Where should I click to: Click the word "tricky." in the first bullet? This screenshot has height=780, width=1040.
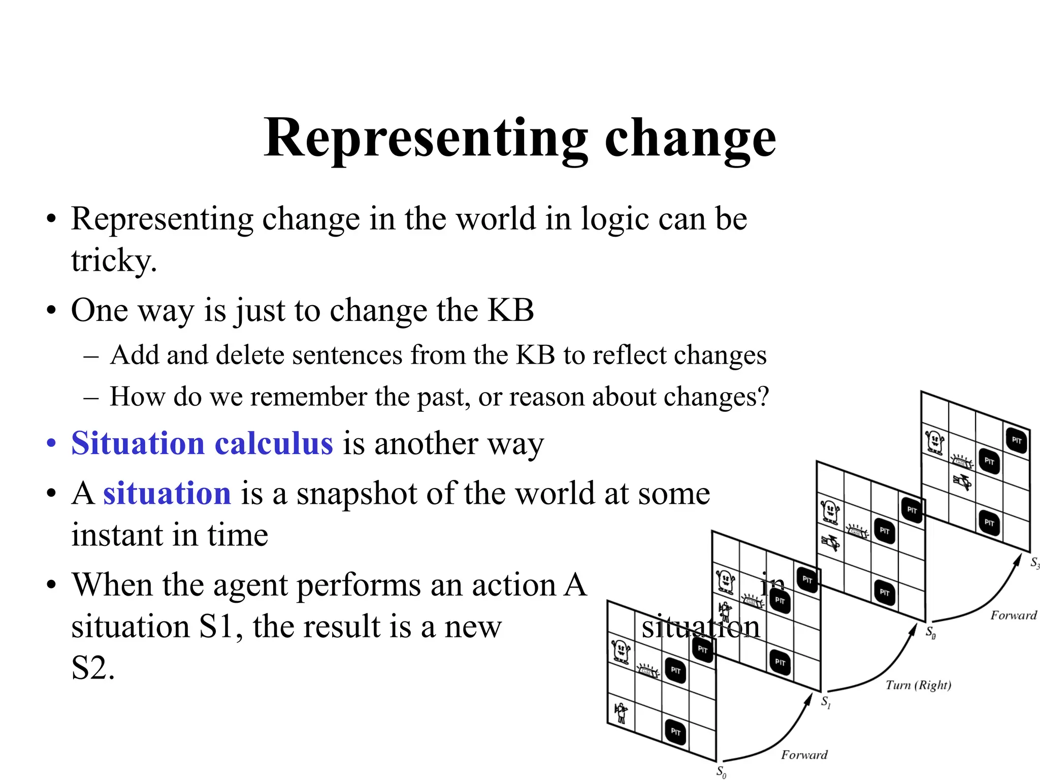point(114,261)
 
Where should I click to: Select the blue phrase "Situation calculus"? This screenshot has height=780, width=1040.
point(202,443)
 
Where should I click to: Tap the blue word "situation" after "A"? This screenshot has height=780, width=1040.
point(167,493)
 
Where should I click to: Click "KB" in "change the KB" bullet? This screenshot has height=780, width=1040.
point(510,310)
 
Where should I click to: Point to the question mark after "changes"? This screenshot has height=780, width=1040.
point(762,397)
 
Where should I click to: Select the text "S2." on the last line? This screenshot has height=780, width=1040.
point(93,668)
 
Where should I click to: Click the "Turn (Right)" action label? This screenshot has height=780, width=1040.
point(918,685)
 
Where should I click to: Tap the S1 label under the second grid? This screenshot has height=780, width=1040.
point(826,702)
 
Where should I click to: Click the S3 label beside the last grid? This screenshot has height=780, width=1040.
point(1034,563)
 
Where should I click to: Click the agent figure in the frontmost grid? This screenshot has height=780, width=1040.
point(621,712)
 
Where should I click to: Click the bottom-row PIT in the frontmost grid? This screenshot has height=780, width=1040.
point(675,732)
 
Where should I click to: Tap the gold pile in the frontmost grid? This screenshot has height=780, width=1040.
point(647,671)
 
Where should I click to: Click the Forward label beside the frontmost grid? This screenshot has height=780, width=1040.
point(804,755)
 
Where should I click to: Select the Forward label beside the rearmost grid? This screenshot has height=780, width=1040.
point(1013,615)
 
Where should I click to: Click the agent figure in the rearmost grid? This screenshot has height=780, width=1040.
point(962,481)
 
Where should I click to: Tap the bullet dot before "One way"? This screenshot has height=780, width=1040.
point(51,311)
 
